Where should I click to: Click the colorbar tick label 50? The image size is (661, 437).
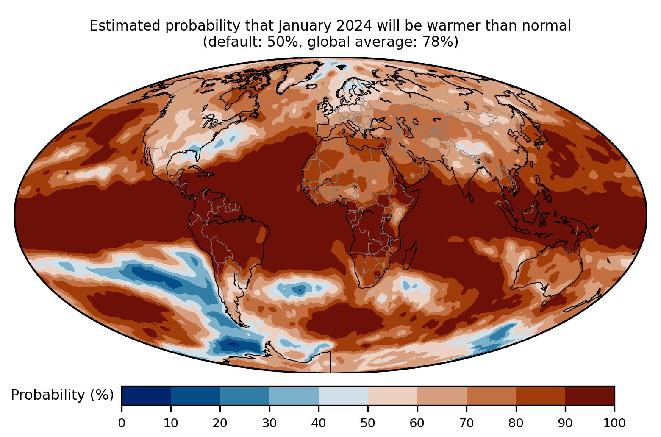point(368,423)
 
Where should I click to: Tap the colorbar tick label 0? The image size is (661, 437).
point(122,423)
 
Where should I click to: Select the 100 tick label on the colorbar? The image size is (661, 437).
point(614,423)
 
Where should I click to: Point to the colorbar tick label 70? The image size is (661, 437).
point(466,423)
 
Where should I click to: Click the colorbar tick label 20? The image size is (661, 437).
point(220,423)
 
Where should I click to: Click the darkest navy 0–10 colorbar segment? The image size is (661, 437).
point(146,395)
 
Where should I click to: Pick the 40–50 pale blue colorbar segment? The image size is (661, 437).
point(343,395)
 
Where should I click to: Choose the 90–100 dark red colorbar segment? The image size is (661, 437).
point(589,395)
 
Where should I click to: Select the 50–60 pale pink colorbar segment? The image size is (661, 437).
point(392,395)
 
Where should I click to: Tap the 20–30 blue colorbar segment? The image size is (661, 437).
point(244,395)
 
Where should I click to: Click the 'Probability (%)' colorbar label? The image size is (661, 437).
point(62,395)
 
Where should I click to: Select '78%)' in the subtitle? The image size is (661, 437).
point(440,42)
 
